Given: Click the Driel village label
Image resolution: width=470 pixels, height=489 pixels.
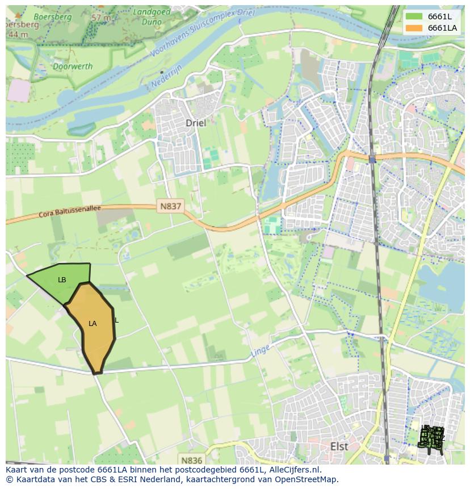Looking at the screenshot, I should pyautogui.click(x=196, y=123).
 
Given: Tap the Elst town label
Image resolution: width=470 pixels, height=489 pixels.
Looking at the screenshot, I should pyautogui.click(x=339, y=446).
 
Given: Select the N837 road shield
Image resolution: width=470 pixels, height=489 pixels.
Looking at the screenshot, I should pyautogui.click(x=170, y=207).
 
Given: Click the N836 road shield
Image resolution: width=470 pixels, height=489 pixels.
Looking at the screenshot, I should pyautogui.click(x=191, y=460).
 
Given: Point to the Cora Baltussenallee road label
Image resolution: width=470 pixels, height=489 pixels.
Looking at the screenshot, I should pyautogui.click(x=69, y=212).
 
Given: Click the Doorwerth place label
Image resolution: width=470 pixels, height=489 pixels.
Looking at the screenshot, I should pyautogui.click(x=72, y=66).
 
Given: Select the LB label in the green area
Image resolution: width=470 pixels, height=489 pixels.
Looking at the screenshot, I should pyautogui.click(x=62, y=280).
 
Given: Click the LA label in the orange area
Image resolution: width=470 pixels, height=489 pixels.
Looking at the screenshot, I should pyautogui.click(x=93, y=324).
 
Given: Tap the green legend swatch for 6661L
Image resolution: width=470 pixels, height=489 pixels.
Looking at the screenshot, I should pyautogui.click(x=414, y=16).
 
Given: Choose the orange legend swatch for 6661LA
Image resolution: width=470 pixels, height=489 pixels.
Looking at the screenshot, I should pyautogui.click(x=414, y=28).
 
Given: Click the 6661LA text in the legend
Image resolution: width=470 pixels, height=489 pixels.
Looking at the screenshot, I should pyautogui.click(x=442, y=28).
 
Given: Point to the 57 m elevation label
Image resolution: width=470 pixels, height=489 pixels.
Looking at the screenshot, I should pyautogui.click(x=101, y=18).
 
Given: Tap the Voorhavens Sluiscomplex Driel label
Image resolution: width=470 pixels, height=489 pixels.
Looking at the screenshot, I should pyautogui.click(x=202, y=35).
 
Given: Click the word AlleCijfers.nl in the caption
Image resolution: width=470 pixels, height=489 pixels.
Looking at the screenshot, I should pyautogui.click(x=293, y=470).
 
